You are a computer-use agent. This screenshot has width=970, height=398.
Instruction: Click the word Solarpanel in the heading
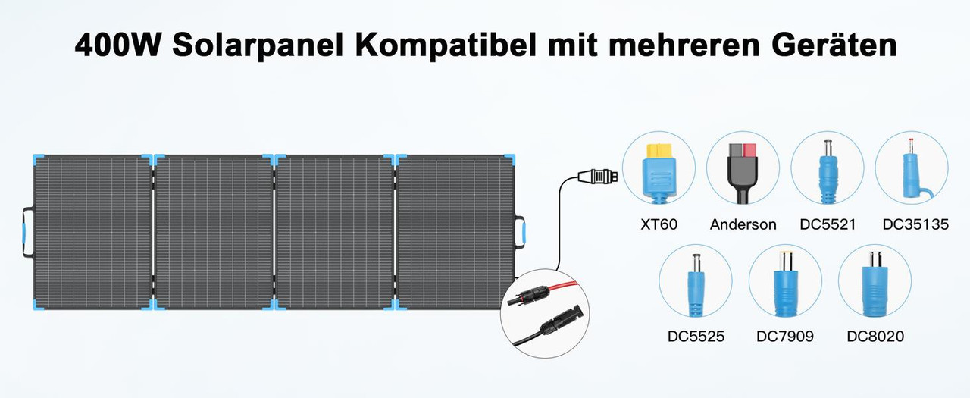[258, 45]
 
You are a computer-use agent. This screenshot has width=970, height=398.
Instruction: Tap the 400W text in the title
[117, 45]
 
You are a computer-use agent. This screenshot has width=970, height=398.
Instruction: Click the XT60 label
[659, 224]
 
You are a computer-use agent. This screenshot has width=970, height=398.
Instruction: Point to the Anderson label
[743, 224]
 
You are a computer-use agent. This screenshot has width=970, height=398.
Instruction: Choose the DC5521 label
[828, 224]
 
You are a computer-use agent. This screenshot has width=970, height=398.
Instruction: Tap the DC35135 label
[915, 224]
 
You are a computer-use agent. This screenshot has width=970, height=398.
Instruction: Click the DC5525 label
[696, 337]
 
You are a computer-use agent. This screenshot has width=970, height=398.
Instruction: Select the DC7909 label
[784, 337]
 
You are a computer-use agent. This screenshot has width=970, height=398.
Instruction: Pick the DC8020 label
[875, 337]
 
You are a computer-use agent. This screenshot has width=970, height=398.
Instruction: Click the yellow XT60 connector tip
[659, 151]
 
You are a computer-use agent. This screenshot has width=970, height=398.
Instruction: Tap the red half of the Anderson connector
[749, 150]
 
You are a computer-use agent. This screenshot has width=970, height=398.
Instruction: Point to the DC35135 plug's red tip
[911, 142]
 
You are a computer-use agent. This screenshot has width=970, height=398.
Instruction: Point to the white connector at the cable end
[598, 177]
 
